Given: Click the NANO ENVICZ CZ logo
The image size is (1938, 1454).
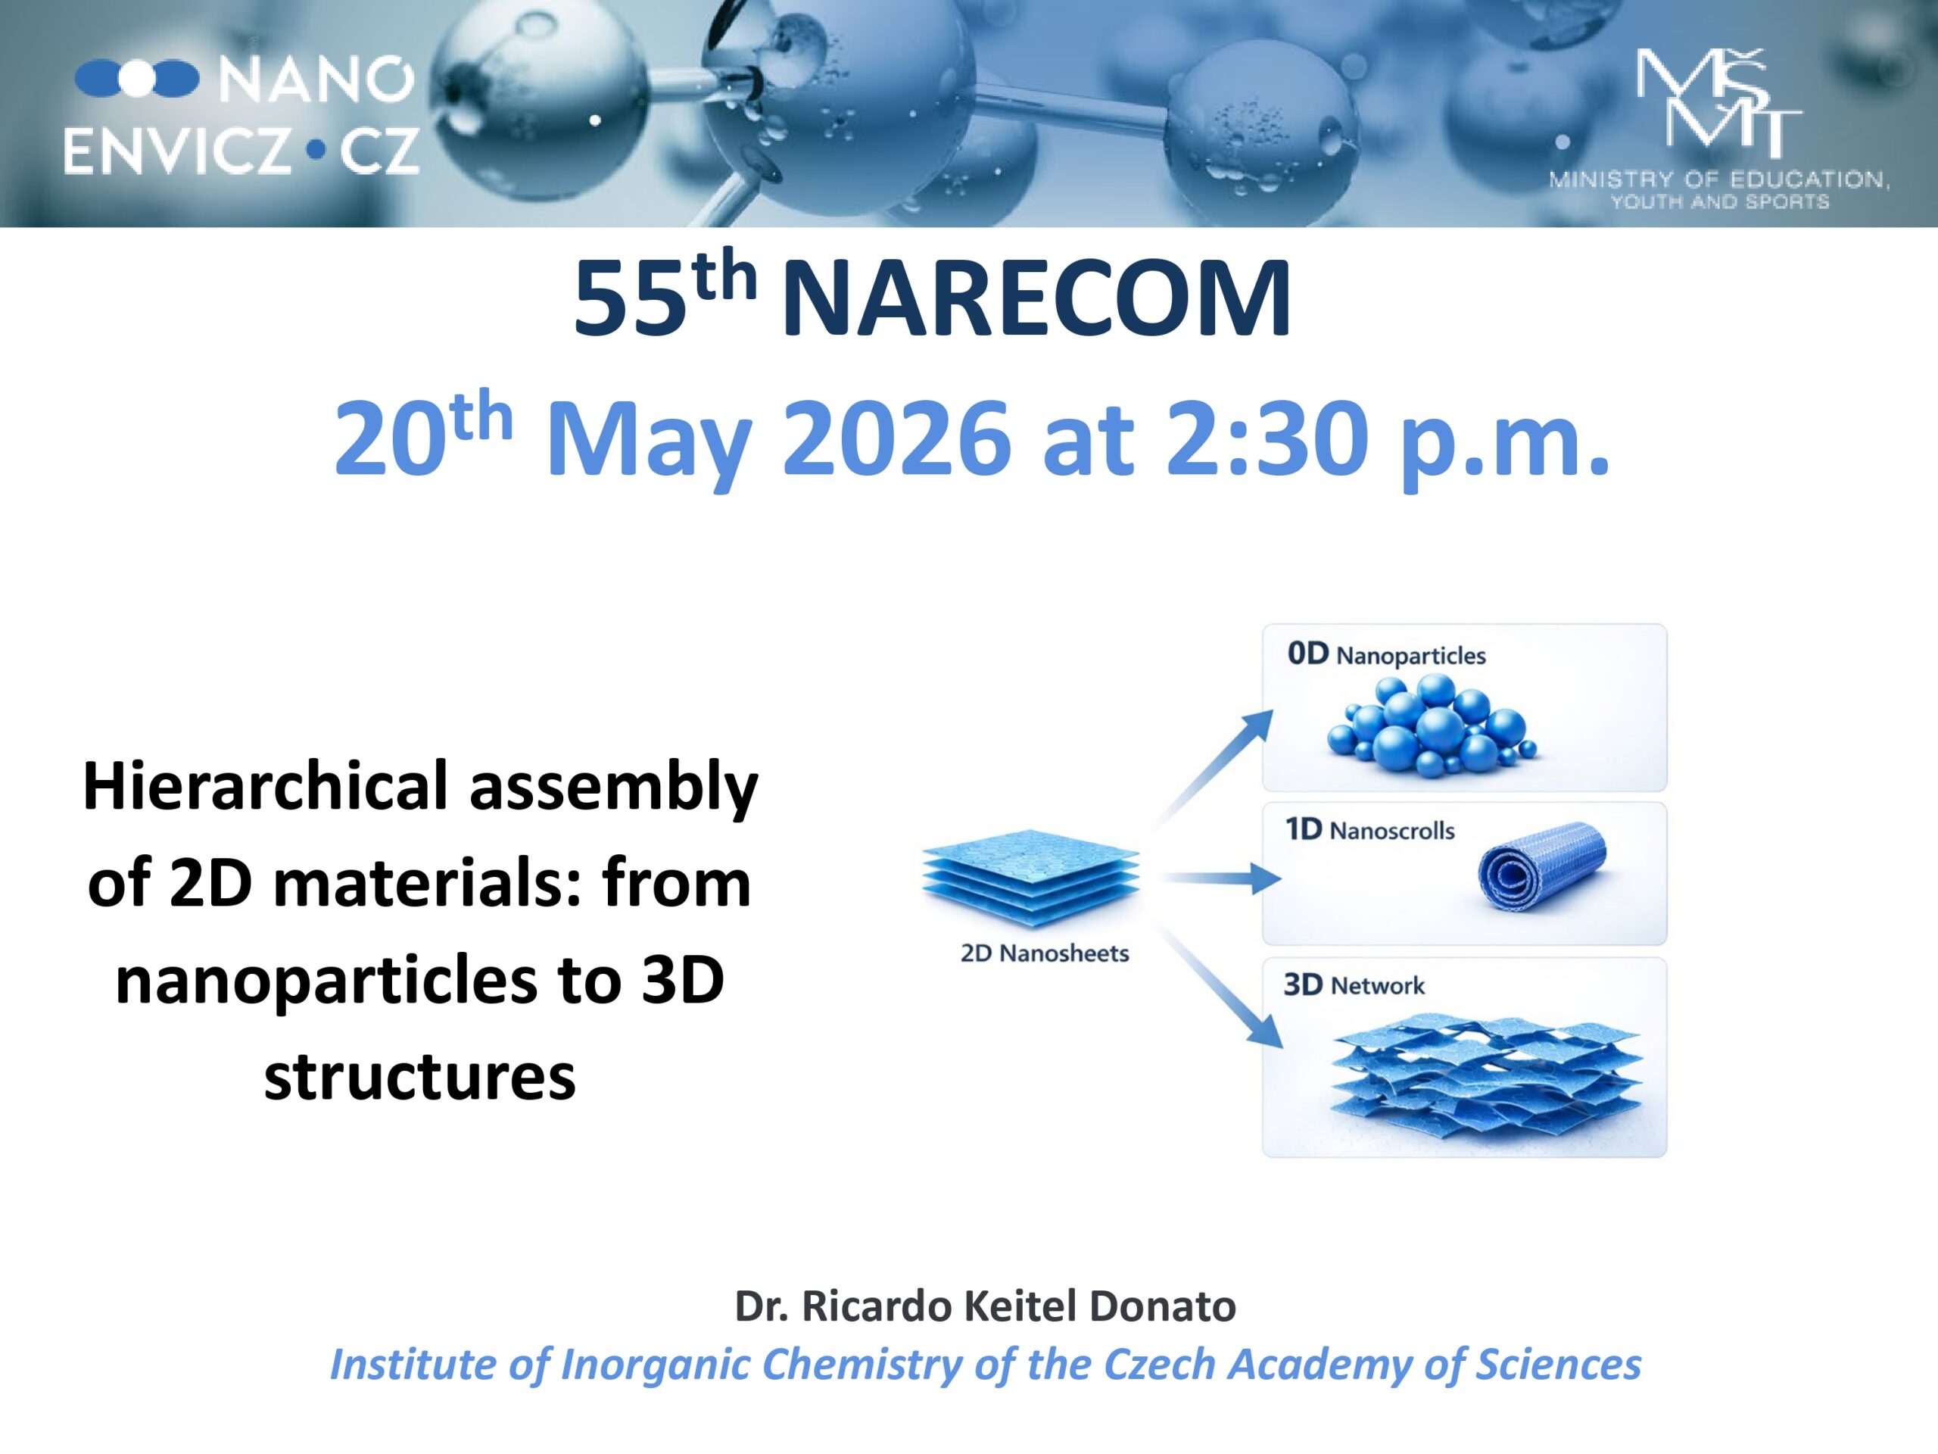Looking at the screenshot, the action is (x=241, y=116).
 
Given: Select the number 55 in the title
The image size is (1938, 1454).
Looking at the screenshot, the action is (x=629, y=299).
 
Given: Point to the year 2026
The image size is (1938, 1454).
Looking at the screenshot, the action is (x=896, y=438).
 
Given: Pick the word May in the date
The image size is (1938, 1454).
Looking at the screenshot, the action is (x=648, y=445).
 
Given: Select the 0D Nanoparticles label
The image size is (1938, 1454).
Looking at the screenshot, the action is (x=1386, y=655).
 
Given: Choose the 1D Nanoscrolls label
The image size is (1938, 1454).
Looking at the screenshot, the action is (x=1370, y=829).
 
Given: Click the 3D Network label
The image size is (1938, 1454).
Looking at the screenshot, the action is (x=1354, y=985).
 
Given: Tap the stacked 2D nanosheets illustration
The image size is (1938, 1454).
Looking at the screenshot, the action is (x=1030, y=879).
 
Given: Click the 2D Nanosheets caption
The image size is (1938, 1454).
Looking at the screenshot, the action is (x=1045, y=953).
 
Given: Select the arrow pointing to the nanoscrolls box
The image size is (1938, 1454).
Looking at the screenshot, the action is (x=1219, y=878).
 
